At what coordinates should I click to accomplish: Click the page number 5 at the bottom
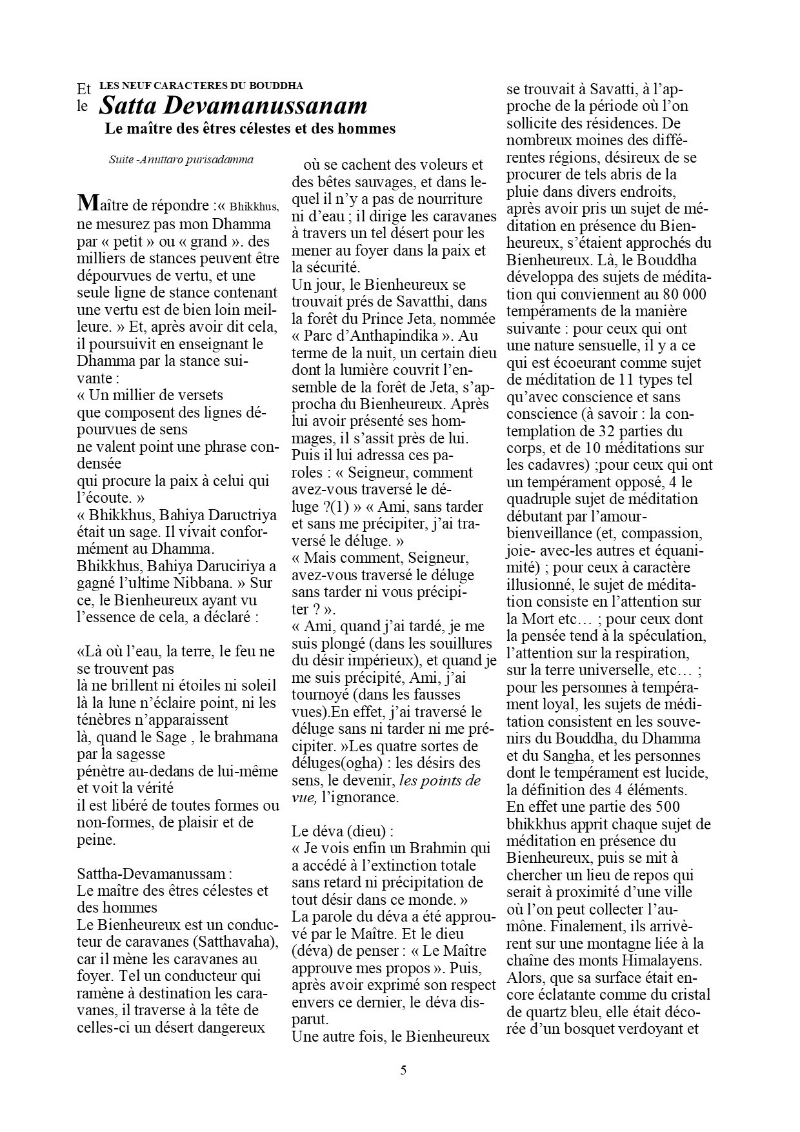tap(403, 1071)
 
